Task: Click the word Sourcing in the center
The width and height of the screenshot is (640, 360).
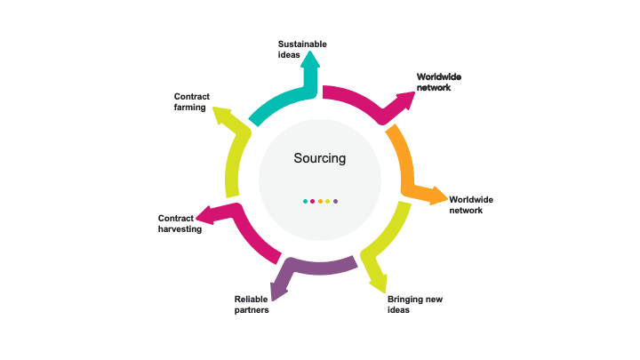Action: tap(319, 158)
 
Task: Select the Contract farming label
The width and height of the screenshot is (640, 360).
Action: tap(191, 101)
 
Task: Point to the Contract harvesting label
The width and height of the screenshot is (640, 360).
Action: tap(180, 223)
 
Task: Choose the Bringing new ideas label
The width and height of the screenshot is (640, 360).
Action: tap(414, 304)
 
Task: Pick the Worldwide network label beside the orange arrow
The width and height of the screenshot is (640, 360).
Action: tap(470, 204)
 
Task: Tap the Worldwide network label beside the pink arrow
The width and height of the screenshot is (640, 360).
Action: tap(439, 82)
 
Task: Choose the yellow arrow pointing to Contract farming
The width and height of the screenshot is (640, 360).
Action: tap(233, 156)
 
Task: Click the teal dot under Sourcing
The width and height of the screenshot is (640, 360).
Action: tap(305, 201)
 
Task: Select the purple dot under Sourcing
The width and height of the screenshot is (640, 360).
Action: tap(335, 201)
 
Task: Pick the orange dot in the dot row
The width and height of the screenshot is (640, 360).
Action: tap(320, 201)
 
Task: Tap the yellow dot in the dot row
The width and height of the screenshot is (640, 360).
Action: tap(327, 201)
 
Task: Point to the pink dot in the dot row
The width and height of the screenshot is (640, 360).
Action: tap(312, 201)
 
